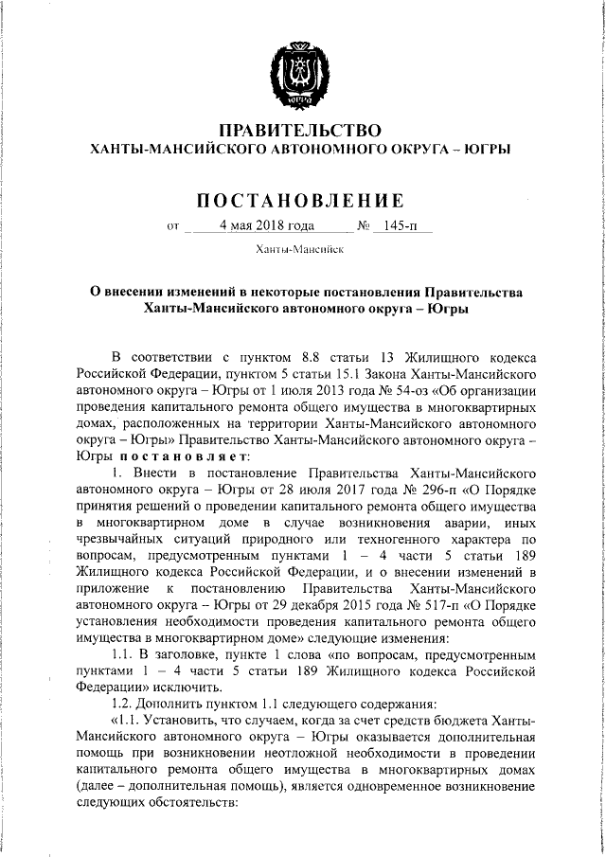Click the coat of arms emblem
click(x=300, y=67)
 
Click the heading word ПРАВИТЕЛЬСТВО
click(x=300, y=129)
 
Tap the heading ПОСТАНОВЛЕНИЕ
click(x=300, y=200)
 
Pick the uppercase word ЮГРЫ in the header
click(x=488, y=149)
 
